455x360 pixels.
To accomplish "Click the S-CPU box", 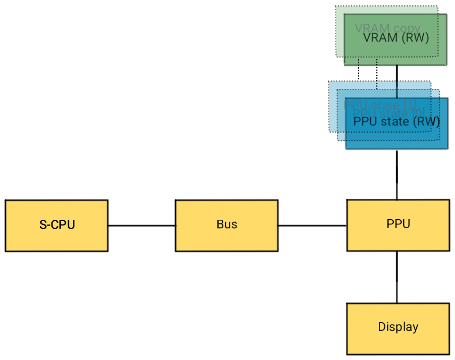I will pos(57,225).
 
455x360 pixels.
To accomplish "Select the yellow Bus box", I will pos(227,225).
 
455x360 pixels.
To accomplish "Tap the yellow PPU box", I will pos(398,225).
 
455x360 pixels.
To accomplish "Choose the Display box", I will pos(398,328).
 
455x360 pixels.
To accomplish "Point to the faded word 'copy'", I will pos(407,29).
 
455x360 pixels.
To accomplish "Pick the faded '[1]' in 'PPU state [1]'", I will pos(411,104).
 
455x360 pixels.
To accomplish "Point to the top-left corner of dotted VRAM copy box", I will pos(336,7).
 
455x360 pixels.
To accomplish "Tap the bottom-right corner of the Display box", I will pos(448,353).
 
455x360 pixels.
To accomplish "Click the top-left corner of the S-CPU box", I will pos(7,202).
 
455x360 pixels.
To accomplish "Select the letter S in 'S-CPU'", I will pos(43,225).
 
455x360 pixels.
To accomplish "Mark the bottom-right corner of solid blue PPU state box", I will pos(447,148).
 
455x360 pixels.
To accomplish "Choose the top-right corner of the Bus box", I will pos(277,202).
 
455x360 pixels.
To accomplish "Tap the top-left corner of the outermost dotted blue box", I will pos(329,82).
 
